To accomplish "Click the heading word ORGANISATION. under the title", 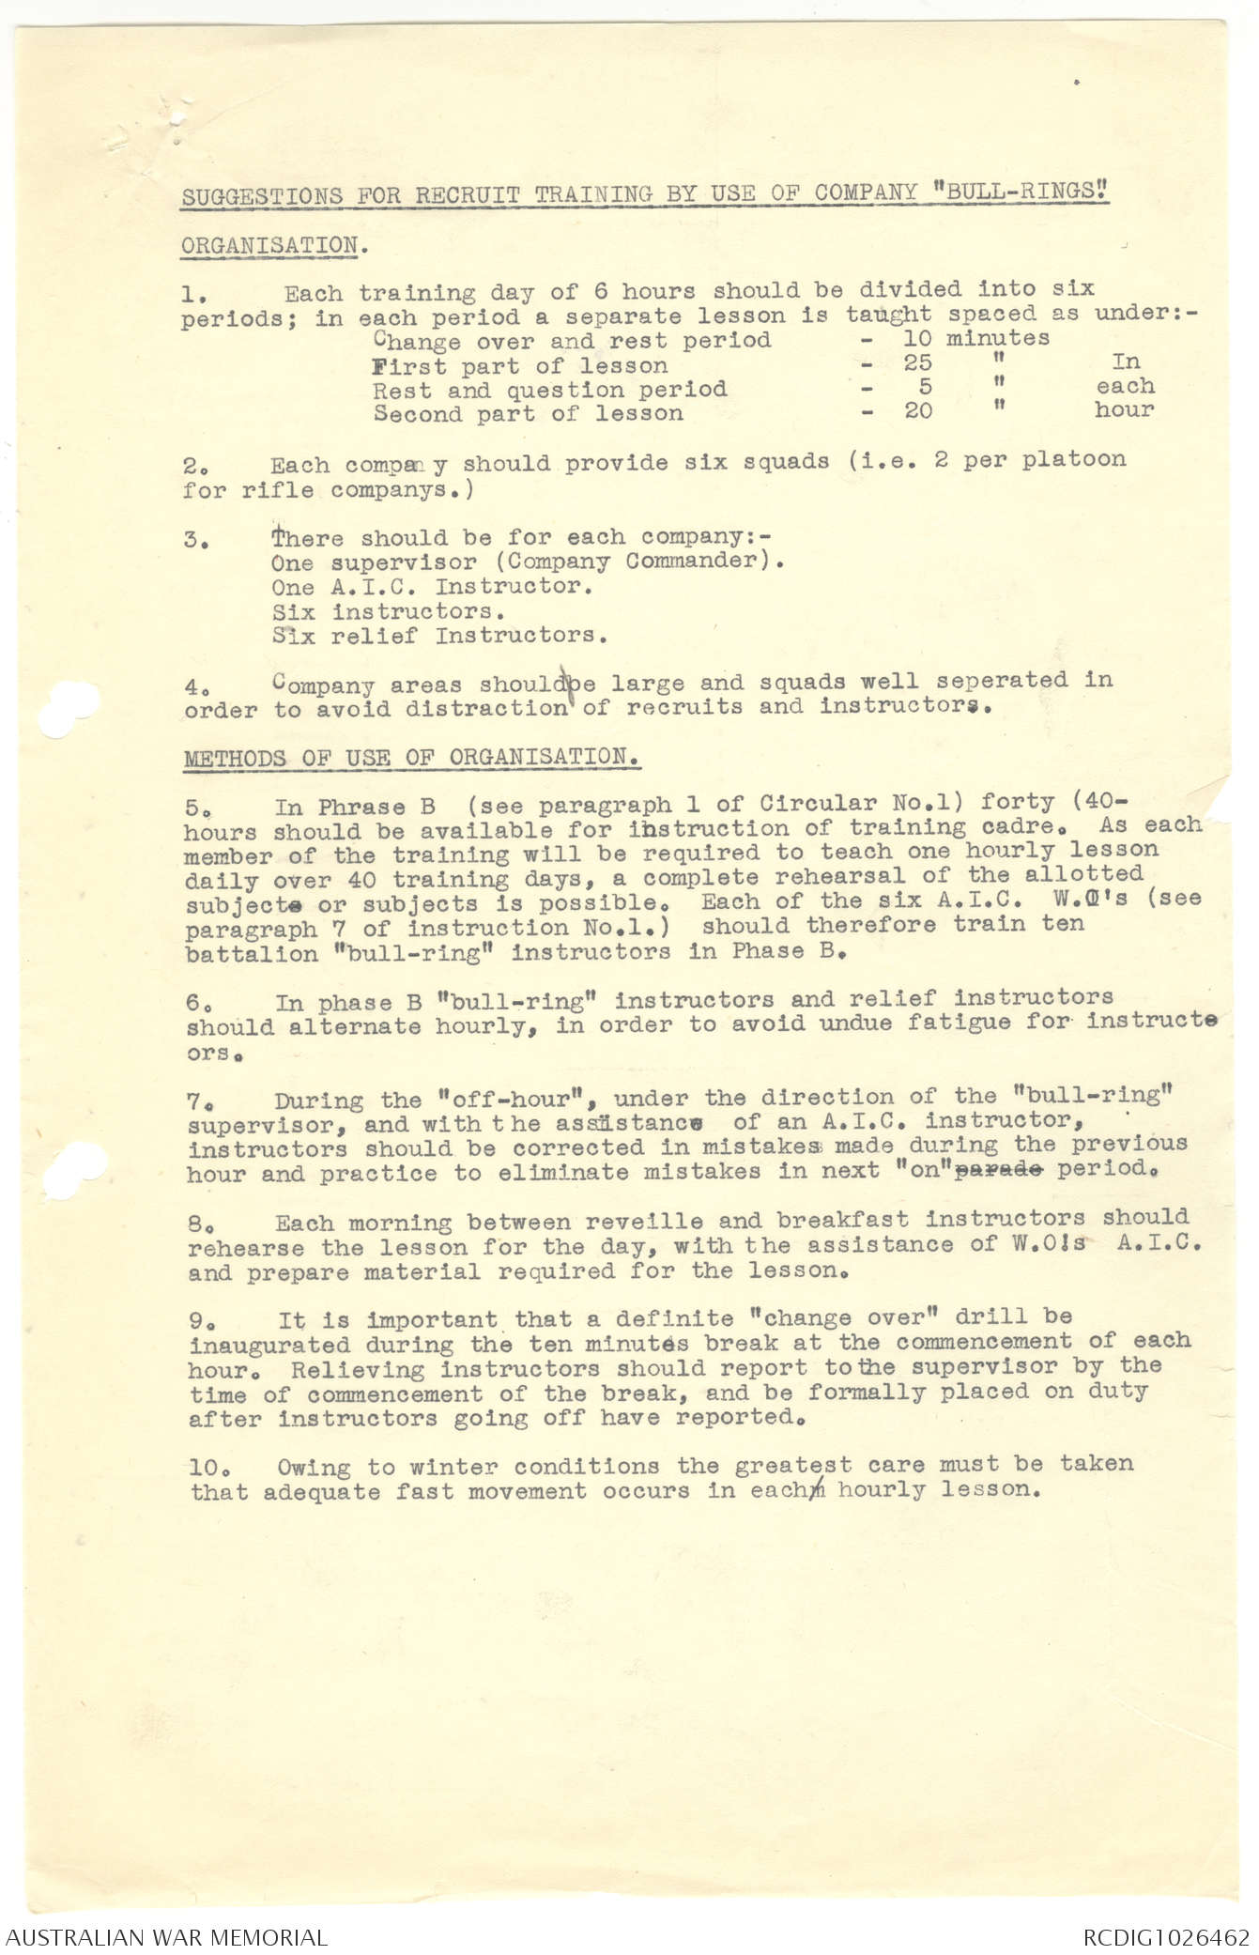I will [x=273, y=246].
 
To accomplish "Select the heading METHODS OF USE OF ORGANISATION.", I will [x=412, y=757].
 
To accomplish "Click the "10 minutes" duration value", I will [x=975, y=337].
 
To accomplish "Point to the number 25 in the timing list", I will [x=917, y=362].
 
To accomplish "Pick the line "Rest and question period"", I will [x=549, y=389].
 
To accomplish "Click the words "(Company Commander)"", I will [x=645, y=561].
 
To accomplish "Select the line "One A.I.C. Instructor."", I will [x=432, y=586].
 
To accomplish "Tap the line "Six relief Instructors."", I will [x=439, y=636].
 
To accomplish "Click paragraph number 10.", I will [x=206, y=1467].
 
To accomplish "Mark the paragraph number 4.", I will [x=193, y=686].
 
